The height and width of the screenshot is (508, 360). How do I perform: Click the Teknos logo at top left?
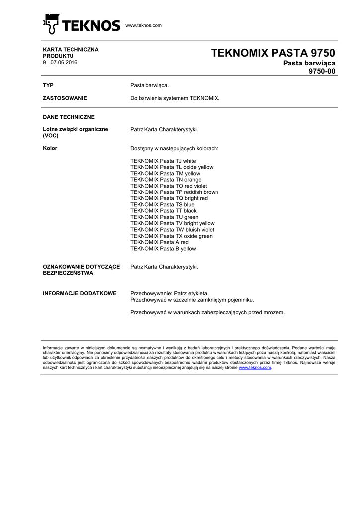[x=81, y=24]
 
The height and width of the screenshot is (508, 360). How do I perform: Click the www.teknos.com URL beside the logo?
[x=144, y=25]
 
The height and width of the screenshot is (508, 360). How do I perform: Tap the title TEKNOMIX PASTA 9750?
[x=273, y=53]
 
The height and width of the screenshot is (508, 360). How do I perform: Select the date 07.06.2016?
[x=64, y=62]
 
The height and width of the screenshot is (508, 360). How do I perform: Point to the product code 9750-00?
[x=322, y=71]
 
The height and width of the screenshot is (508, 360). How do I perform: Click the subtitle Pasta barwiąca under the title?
[x=309, y=63]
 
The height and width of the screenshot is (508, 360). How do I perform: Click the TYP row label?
[x=48, y=86]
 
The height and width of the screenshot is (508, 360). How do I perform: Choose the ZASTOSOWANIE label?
[x=65, y=98]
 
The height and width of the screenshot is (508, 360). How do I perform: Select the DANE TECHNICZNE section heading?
[x=69, y=117]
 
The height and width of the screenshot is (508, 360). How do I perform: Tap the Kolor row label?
[x=50, y=148]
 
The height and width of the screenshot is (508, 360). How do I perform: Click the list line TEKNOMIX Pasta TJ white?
[x=163, y=161]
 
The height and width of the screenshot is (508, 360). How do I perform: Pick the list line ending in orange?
[x=165, y=180]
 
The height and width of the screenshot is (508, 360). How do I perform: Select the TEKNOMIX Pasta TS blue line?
[x=162, y=204]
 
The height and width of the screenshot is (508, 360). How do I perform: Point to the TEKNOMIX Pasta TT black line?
[x=163, y=211]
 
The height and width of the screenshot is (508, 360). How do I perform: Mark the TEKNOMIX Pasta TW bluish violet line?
[x=172, y=230]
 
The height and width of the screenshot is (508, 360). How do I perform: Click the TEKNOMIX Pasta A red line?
[x=159, y=242]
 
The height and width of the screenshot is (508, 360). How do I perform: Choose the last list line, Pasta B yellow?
[x=163, y=249]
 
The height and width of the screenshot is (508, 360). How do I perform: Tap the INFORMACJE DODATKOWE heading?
[x=79, y=293]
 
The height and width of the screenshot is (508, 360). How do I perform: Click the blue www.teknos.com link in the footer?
[x=255, y=368]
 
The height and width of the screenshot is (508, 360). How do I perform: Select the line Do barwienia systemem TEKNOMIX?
[x=174, y=98]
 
